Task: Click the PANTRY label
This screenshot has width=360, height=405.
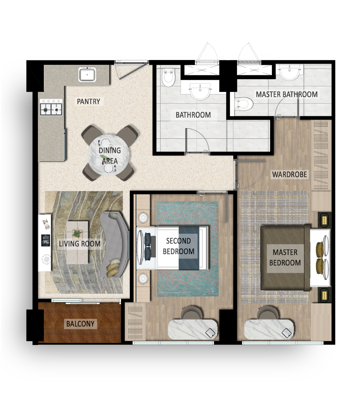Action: tap(88, 101)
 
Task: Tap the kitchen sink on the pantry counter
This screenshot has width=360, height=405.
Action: tap(87, 74)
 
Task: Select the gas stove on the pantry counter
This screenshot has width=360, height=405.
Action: tap(51, 108)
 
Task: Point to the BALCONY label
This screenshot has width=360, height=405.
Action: tap(80, 324)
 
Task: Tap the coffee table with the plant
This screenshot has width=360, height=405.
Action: tap(77, 242)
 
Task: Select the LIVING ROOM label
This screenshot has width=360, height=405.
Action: tap(79, 244)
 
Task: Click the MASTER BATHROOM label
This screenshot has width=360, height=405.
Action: tap(286, 94)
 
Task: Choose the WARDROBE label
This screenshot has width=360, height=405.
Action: tap(289, 174)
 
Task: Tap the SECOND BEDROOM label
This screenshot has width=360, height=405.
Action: tap(178, 246)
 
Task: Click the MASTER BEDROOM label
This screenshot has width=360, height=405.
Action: tap(285, 257)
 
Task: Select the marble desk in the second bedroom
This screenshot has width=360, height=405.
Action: tap(193, 329)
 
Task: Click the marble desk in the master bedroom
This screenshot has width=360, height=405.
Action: tap(269, 329)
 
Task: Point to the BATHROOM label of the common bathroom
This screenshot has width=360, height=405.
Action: tap(193, 115)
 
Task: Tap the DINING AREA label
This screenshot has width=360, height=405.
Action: tap(110, 156)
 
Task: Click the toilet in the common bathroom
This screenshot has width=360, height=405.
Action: tap(169, 77)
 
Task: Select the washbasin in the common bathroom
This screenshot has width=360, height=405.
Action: tap(200, 91)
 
